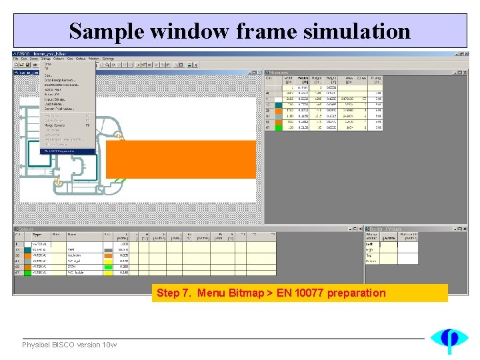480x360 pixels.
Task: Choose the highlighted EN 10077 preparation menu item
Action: (67, 151)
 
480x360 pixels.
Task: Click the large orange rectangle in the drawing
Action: (181, 159)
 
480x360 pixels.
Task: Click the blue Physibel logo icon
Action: (449, 339)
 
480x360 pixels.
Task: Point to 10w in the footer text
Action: (110, 345)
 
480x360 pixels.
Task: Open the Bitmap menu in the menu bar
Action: (45, 59)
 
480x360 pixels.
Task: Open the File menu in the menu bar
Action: (17, 59)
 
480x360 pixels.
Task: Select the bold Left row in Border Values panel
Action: (371, 245)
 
